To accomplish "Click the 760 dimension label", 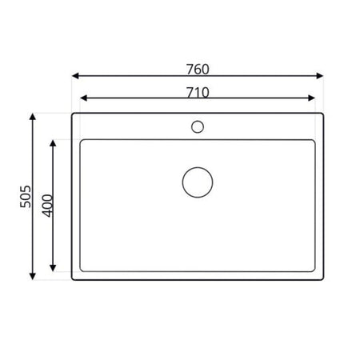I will (x=198, y=69).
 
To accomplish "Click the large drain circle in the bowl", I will (x=198, y=182).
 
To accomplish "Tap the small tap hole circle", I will (x=198, y=126).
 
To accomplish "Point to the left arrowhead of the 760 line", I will (x=74, y=77).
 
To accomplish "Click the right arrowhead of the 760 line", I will (x=322, y=77).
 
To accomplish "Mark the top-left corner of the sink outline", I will (x=73, y=114).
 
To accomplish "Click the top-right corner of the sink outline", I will (x=322, y=114).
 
